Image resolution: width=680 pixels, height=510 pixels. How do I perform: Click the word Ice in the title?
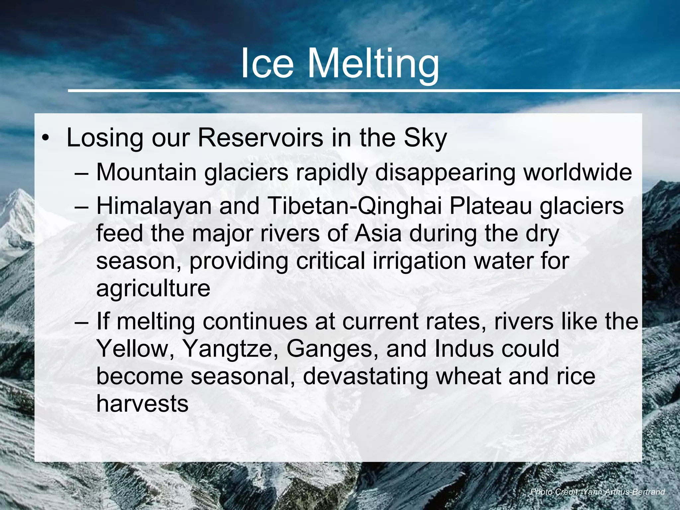coord(267,63)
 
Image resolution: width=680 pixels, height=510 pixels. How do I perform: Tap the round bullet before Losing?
coord(45,139)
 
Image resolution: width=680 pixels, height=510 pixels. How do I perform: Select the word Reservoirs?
coord(260,138)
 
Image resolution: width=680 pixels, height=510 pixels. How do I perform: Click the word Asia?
coord(378,233)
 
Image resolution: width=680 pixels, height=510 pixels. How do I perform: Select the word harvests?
coord(142,404)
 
